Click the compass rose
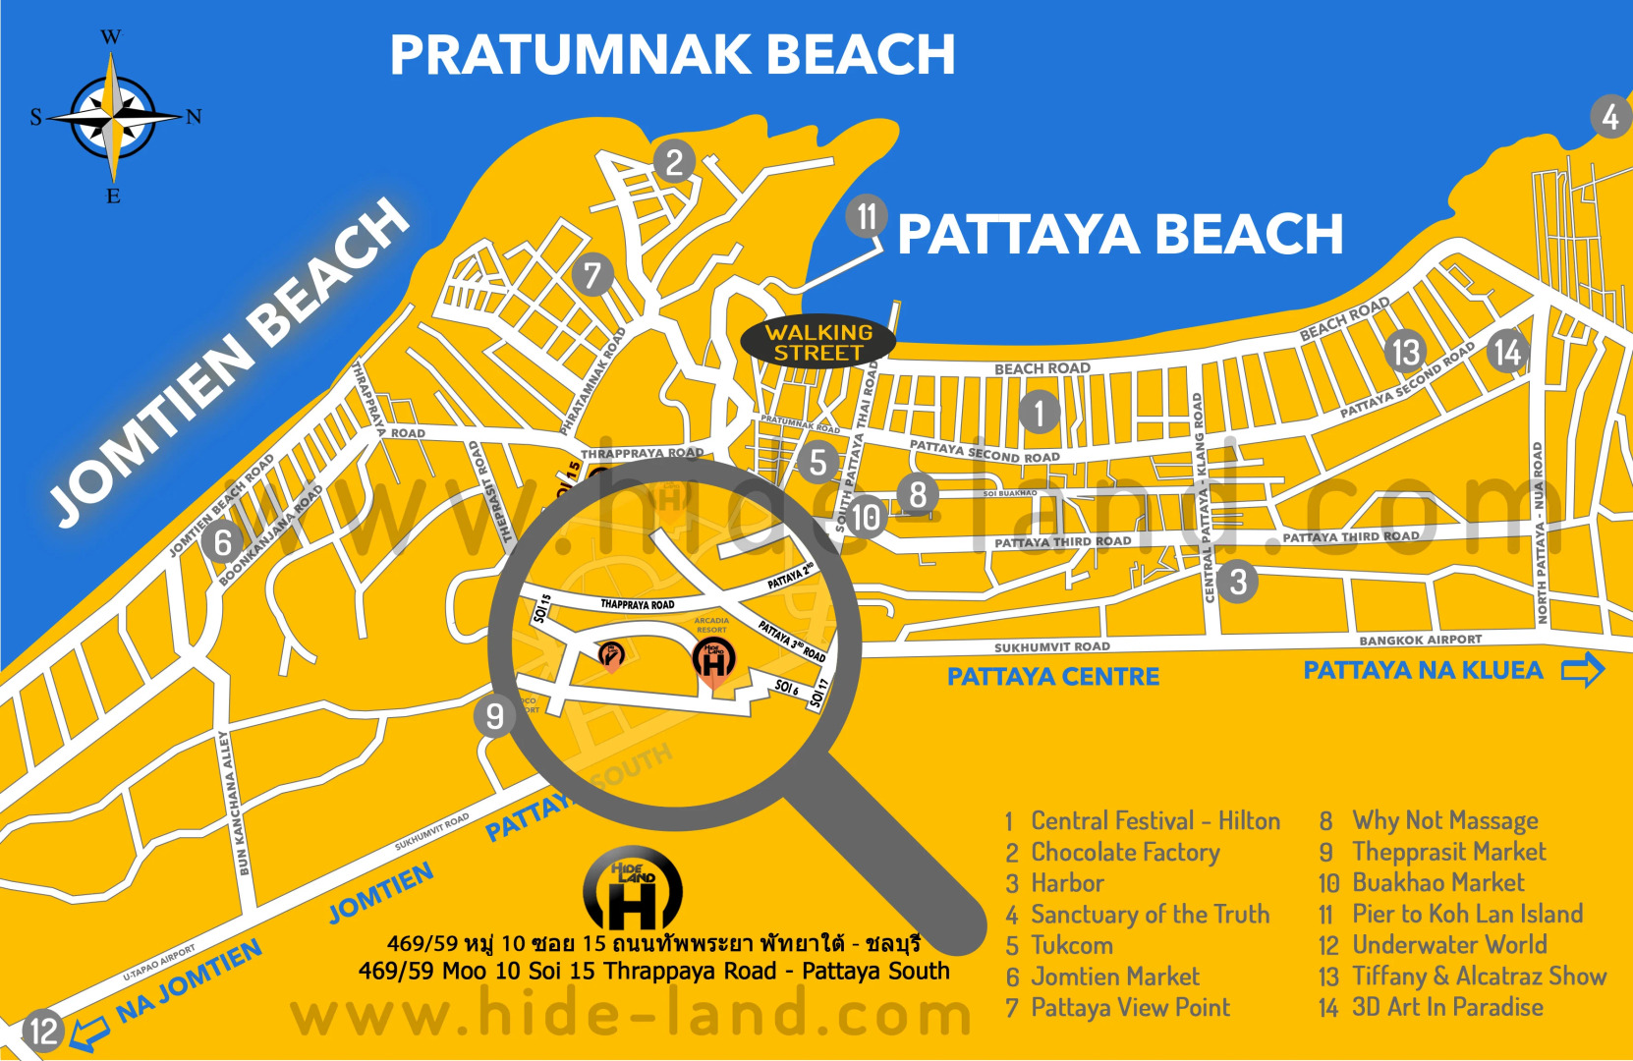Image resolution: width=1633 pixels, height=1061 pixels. coord(114,117)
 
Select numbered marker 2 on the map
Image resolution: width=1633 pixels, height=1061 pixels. coord(674,162)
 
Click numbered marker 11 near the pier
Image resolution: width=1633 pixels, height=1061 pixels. coord(867,215)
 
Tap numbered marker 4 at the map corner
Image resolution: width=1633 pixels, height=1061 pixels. coord(1610,117)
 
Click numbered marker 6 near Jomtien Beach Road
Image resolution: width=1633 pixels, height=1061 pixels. coord(223,542)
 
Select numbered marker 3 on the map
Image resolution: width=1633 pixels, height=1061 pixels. coord(1238,582)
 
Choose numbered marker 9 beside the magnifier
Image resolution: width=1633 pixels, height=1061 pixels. coord(494,716)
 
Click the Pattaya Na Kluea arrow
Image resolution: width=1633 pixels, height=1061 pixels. coord(1582,671)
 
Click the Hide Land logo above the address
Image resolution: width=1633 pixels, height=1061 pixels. coord(633,889)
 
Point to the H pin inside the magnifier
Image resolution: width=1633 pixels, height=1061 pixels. coord(714,661)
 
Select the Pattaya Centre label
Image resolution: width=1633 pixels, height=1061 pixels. coord(1053,677)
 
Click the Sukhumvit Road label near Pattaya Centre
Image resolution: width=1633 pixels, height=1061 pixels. coord(1051,647)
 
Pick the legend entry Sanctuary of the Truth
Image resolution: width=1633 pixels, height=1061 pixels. coord(1149,915)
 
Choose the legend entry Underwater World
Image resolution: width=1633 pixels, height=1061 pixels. coord(1448,945)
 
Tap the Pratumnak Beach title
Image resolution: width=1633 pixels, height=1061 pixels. coord(672,55)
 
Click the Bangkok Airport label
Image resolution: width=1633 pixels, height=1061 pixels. coord(1420,641)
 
